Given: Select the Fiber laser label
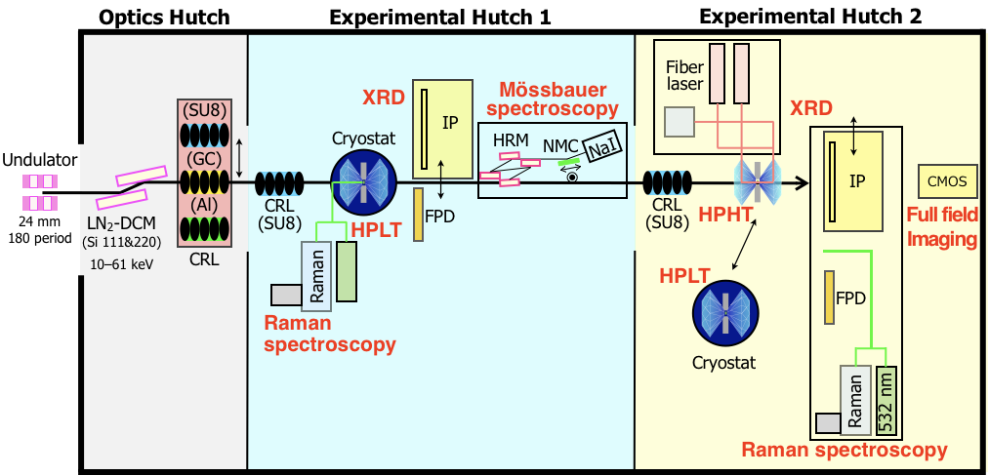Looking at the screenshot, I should pyautogui.click(x=684, y=75).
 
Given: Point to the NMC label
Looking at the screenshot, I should pyautogui.click(x=560, y=146).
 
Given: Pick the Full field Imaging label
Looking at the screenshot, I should pyautogui.click(x=941, y=227).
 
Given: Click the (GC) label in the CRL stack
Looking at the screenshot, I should pyautogui.click(x=206, y=159).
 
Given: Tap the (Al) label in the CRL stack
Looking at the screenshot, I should pyautogui.click(x=206, y=206).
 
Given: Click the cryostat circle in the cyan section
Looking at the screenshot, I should pyautogui.click(x=363, y=181).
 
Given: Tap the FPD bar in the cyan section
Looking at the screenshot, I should pyautogui.click(x=419, y=214).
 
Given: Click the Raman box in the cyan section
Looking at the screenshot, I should pyautogui.click(x=316, y=276).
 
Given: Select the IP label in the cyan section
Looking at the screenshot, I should pyautogui.click(x=450, y=123).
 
